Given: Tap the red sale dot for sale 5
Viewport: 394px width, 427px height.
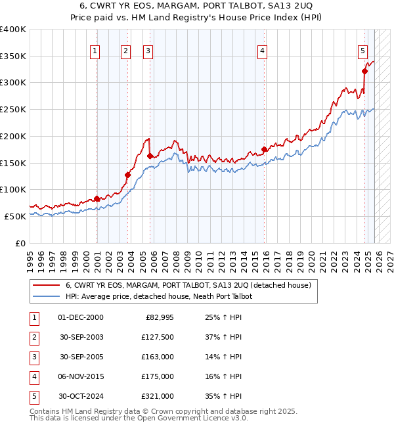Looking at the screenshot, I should coord(364,72).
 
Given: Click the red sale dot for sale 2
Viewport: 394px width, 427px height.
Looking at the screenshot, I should coord(127,175).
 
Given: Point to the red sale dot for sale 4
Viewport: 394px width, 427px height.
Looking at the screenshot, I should coord(265,149).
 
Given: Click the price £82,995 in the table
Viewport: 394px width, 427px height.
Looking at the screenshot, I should coord(157,317).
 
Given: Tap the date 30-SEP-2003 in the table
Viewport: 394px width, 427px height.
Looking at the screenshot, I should coord(81,337).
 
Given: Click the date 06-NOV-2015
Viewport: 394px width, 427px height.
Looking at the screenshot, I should coord(81,376).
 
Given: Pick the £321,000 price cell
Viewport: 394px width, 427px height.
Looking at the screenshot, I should coord(157,396).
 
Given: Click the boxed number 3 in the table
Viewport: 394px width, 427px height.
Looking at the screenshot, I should coord(33,357).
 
